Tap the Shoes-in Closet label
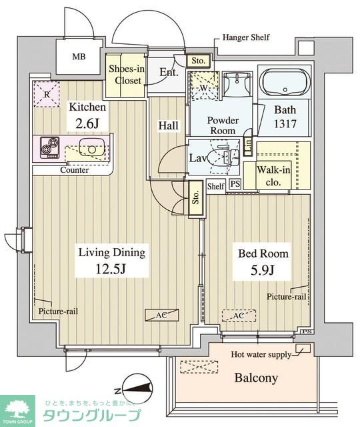click(x=127, y=75)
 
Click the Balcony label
click(x=256, y=378)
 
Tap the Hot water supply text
click(x=261, y=354)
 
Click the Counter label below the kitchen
click(x=75, y=170)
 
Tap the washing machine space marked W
click(x=203, y=86)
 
